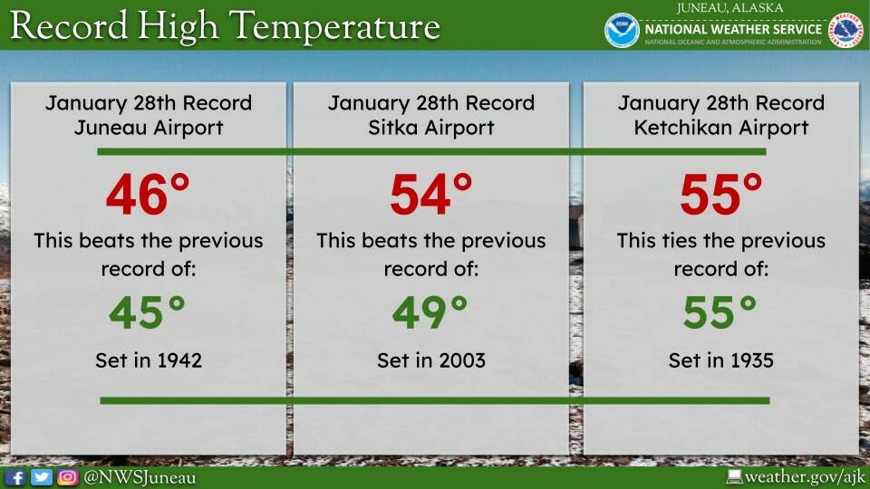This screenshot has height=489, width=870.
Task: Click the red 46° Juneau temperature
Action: click(148, 194)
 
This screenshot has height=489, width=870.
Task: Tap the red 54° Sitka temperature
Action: click(431, 194)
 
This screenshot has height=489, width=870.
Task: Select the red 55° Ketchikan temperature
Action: click(721, 194)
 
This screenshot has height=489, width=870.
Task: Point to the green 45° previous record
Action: click(147, 312)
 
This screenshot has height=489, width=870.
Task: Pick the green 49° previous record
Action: click(430, 312)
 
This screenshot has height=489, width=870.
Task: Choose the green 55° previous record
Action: click(720, 312)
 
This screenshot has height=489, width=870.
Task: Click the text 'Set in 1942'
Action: click(149, 360)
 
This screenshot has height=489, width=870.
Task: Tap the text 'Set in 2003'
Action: click(431, 360)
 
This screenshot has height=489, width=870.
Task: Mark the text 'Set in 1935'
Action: click(720, 360)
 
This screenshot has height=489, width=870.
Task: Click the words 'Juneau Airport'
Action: click(149, 128)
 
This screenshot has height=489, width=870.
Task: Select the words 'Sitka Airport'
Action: click(431, 128)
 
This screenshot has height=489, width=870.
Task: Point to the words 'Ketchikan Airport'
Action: click(721, 128)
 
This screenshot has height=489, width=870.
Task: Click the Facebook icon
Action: click(15, 477)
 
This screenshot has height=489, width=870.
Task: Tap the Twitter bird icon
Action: click(42, 477)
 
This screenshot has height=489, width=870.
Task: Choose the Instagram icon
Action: click(68, 477)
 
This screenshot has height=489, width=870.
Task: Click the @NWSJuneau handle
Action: click(140, 478)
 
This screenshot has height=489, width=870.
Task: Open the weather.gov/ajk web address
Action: click(805, 477)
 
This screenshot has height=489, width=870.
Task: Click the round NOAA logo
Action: click(622, 30)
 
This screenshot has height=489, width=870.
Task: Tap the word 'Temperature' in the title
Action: click(334, 26)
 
